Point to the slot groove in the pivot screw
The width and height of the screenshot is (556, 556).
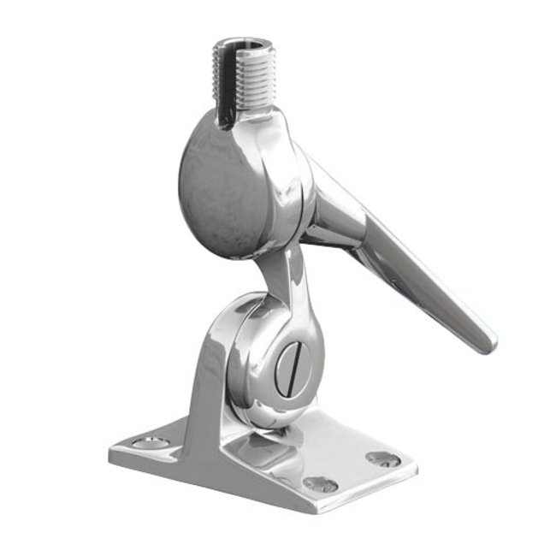point(288,370)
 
